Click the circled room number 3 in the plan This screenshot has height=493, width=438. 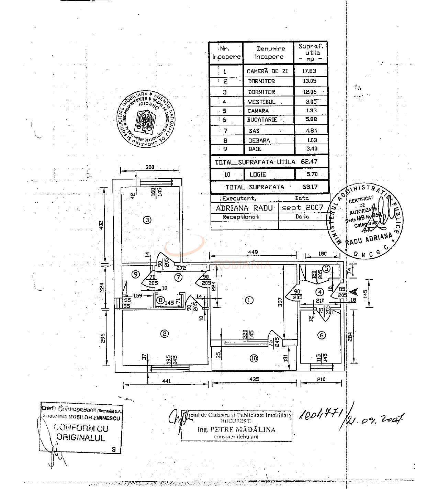pyautogui.click(x=147, y=220)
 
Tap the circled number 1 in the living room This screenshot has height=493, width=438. pyautogui.click(x=249, y=300)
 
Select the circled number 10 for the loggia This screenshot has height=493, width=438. pyautogui.click(x=254, y=358)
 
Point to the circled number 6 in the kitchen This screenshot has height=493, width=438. pyautogui.click(x=322, y=335)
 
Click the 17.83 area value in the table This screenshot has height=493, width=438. pyautogui.click(x=309, y=71)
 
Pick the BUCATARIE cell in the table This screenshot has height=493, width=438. pyautogui.click(x=262, y=120)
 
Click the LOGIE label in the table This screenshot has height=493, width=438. pyautogui.click(x=258, y=174)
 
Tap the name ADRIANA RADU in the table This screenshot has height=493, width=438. pyautogui.click(x=244, y=208)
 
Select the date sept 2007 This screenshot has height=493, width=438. pyautogui.click(x=302, y=208)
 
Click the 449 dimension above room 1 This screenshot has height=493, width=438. pyautogui.click(x=253, y=252)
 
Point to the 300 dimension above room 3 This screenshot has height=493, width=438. pyautogui.click(x=150, y=167)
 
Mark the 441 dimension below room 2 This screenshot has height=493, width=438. pyautogui.click(x=166, y=381)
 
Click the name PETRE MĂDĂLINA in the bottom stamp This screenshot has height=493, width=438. pyautogui.click(x=236, y=429)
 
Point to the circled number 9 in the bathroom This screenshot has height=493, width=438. pyautogui.click(x=136, y=274)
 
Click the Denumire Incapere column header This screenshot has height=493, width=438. pyautogui.click(x=269, y=53)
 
